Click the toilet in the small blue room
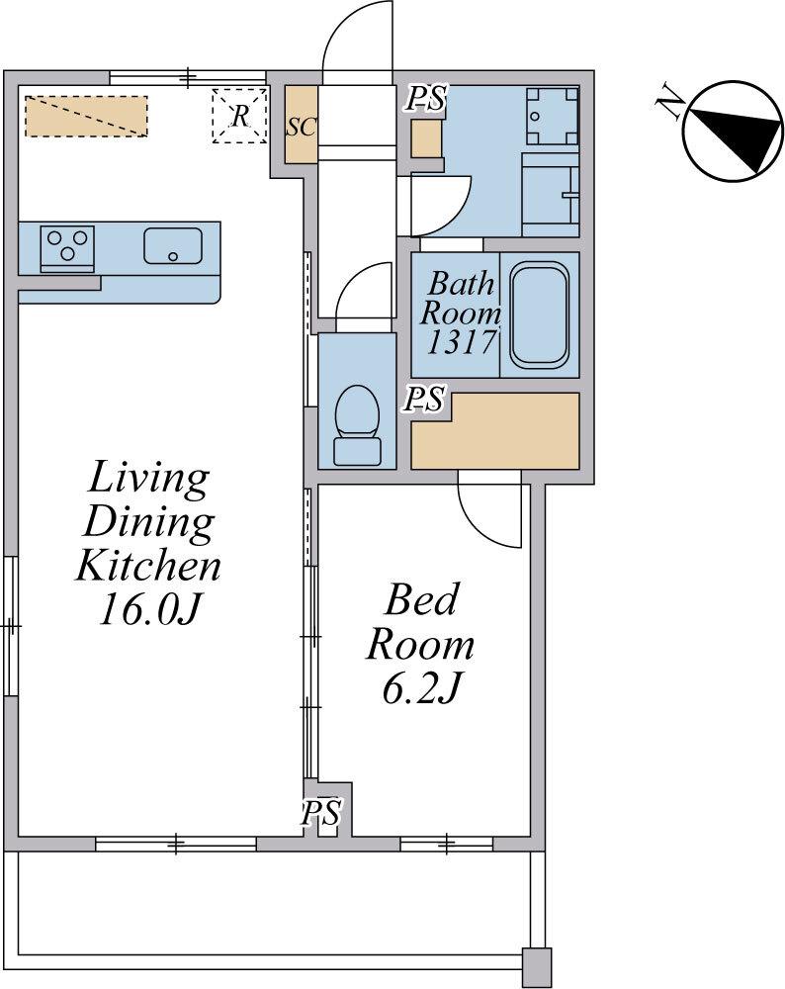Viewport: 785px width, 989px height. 357,425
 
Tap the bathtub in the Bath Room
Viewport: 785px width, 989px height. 539,315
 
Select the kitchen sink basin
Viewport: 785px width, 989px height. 173,245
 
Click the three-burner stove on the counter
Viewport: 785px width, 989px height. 67,248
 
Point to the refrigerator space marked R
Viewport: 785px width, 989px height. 239,116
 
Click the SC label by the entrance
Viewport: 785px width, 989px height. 301,127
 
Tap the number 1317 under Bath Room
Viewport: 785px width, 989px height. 461,342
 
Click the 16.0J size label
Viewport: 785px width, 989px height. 149,609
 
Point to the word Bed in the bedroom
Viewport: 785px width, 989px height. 421,599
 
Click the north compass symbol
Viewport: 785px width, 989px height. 732,132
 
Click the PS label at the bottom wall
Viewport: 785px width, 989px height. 321,812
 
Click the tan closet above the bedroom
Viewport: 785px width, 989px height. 495,431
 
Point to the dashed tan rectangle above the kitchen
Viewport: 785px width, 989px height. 86,116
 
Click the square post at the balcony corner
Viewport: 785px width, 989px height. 537,965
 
